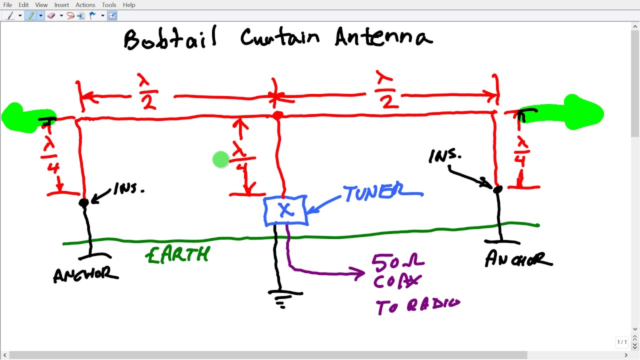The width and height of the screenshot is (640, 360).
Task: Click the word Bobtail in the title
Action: pos(170,38)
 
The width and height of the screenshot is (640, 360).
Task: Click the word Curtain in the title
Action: pos(279,37)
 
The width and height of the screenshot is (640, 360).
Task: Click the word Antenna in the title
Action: pos(383,37)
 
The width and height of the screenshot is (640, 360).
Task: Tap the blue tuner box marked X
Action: pos(285,210)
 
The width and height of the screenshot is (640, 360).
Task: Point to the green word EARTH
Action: pos(177,255)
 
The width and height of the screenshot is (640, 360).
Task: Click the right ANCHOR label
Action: pos(518,259)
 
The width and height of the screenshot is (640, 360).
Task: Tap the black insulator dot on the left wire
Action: pos(83,202)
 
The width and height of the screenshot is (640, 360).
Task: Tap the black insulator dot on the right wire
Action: pos(497,189)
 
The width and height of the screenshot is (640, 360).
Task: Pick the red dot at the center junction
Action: pos(278,115)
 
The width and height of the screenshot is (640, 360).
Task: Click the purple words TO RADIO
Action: pos(417,305)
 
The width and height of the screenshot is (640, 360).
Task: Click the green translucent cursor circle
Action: pos(220,160)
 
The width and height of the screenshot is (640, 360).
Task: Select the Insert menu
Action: pos(61,5)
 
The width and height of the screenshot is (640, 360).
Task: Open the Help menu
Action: pos(129,5)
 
